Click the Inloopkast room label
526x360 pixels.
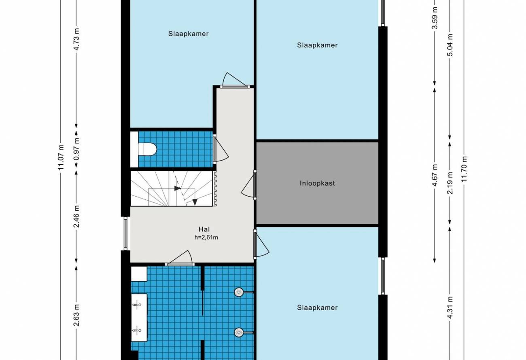pos(317,183)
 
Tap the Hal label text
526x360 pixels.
pos(204,229)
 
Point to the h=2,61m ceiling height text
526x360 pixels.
pos(206,237)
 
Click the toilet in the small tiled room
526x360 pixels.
pos(147,149)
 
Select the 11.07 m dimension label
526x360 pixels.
pos(61,158)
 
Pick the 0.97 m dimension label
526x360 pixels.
pos(76,149)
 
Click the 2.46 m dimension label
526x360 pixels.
pos(76,216)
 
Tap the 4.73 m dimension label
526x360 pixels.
pos(76,39)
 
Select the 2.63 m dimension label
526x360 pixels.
pos(76,315)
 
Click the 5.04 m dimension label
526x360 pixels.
pos(450,45)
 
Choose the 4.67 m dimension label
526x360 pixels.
pos(435,175)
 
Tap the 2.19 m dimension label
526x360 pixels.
pos(450,183)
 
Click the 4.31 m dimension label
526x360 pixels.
pos(450,307)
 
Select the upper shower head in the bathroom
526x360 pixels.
pos(239,292)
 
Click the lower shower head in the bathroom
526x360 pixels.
pos(239,332)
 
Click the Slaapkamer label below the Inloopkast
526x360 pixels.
pos(317,308)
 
